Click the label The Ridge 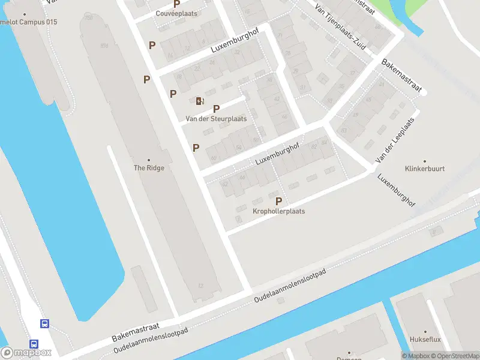(148, 168)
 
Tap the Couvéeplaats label (176, 13)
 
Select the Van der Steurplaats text (216, 119)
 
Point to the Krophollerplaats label (278, 211)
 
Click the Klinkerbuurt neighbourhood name (425, 169)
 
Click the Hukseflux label (425, 340)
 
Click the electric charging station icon (200, 101)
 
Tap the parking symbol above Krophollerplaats (278, 201)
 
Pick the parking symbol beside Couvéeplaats (177, 4)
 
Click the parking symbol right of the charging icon (217, 109)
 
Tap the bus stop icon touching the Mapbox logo (34, 344)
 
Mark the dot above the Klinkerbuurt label (425, 161)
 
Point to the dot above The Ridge (148, 160)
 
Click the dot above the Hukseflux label (425, 332)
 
